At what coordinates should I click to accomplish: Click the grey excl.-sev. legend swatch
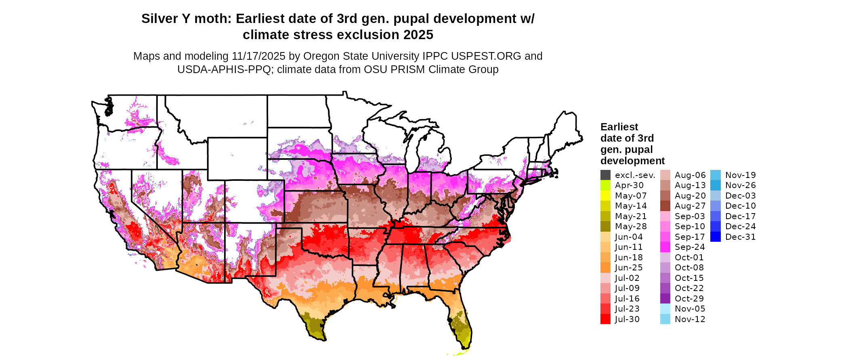pyautogui.click(x=605, y=175)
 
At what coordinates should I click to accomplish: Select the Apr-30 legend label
pyautogui.click(x=629, y=185)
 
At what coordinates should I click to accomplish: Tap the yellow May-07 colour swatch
pyautogui.click(x=605, y=196)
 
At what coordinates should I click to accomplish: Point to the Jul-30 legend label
pyautogui.click(x=627, y=319)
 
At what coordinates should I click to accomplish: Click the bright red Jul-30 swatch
pyautogui.click(x=605, y=319)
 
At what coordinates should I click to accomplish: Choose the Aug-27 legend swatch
pyautogui.click(x=665, y=206)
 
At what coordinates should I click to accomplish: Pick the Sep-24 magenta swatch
pyautogui.click(x=665, y=247)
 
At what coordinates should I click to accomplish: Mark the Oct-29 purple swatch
pyautogui.click(x=665, y=299)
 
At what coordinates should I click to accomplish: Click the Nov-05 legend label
pyautogui.click(x=690, y=309)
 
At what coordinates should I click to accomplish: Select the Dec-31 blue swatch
pyautogui.click(x=715, y=237)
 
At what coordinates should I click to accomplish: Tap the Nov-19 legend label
pyautogui.click(x=740, y=175)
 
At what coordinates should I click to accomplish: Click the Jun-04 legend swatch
pyautogui.click(x=605, y=237)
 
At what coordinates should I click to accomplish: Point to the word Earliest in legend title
pyautogui.click(x=619, y=127)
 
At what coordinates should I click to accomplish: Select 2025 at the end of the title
pyautogui.click(x=418, y=35)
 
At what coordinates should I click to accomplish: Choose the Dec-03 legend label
pyautogui.click(x=740, y=196)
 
